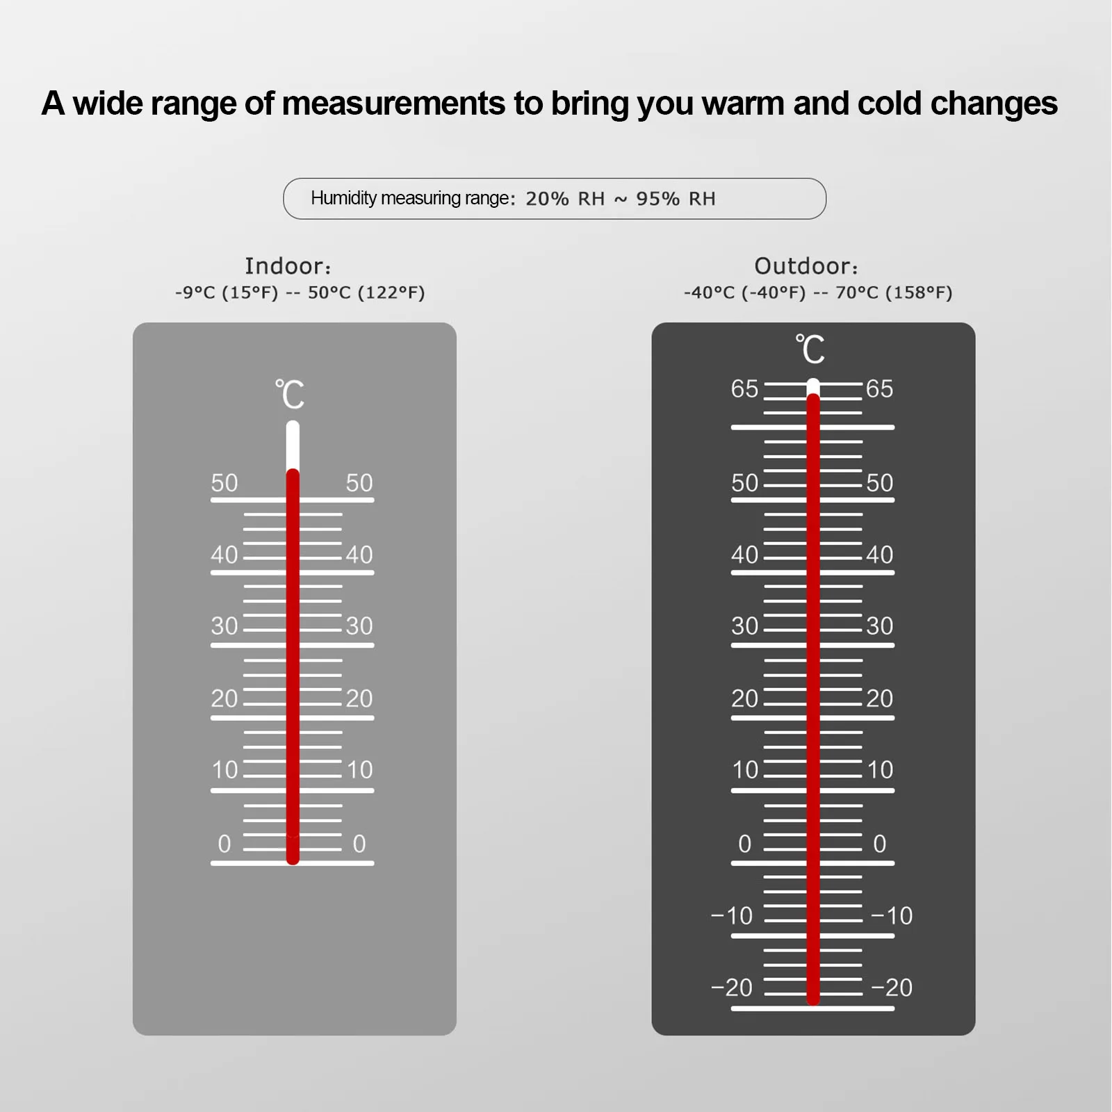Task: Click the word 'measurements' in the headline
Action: (393, 104)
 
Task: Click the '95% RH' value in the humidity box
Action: (676, 199)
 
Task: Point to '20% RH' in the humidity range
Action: (565, 199)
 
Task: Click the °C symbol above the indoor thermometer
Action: (290, 395)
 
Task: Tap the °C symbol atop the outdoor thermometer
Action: (810, 349)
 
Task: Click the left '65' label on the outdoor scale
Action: (744, 389)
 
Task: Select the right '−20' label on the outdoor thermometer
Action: (892, 987)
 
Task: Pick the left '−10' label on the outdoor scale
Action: (732, 915)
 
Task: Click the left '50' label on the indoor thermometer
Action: (224, 482)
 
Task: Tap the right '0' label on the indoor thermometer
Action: (359, 843)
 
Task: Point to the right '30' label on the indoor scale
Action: (359, 625)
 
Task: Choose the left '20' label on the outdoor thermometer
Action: (744, 698)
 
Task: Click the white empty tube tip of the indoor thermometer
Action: (293, 445)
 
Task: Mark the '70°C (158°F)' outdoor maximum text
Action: (894, 293)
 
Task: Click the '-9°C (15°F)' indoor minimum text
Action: (227, 293)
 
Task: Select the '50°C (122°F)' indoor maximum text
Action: (366, 293)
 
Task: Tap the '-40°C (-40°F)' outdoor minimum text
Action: (745, 293)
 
